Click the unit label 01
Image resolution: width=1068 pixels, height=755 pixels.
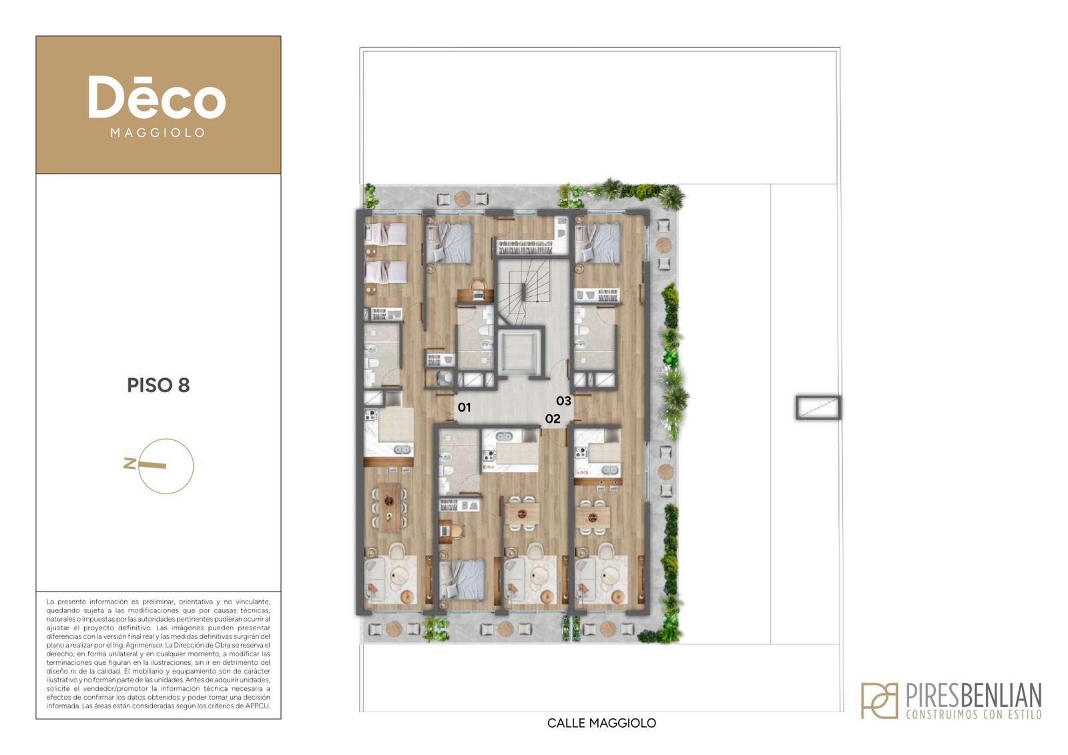464,408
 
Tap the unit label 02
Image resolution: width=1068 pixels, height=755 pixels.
553,419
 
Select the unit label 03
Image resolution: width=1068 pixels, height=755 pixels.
563,401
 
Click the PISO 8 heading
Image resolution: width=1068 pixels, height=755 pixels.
158,386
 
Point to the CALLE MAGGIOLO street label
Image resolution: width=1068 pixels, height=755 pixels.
601,723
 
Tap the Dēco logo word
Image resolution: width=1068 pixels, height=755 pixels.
157,97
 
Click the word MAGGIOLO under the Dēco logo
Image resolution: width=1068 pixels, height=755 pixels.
158,133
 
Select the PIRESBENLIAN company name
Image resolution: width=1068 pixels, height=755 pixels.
973,696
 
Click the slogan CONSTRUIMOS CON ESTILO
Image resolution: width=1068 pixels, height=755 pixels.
974,714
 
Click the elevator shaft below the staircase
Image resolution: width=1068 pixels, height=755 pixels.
520,353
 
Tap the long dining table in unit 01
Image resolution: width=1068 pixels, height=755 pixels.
389,508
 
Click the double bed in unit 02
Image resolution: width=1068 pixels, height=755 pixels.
461,579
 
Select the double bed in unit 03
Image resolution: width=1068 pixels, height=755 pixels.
598,243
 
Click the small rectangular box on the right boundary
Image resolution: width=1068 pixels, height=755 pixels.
818,408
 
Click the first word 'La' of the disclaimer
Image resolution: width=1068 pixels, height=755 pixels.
50,602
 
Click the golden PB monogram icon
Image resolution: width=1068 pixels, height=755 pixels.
880,701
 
